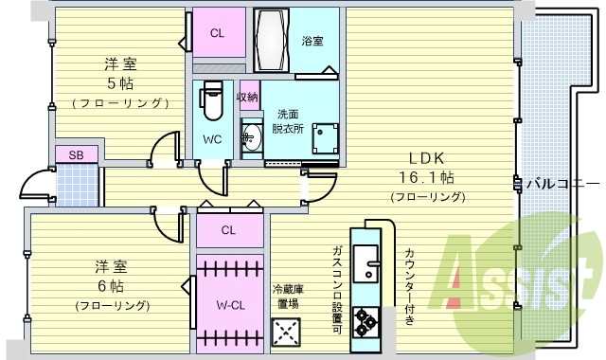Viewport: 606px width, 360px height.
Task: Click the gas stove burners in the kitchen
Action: coord(365,321)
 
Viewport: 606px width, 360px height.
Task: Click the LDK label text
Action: coord(427,157)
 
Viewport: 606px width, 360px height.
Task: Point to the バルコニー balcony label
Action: coord(563,183)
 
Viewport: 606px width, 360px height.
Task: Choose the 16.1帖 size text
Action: coord(428,176)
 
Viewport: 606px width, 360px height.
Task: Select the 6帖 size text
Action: coord(111,285)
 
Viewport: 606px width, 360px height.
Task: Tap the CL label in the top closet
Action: coord(218,33)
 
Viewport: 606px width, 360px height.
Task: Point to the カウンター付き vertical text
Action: coord(409,284)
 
